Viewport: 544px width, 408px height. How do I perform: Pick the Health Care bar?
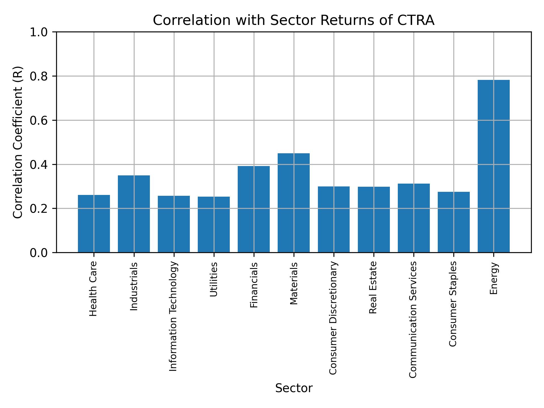coord(94,224)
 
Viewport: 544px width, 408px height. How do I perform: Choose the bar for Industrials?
coord(134,214)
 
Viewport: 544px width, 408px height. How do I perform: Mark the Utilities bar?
coord(214,224)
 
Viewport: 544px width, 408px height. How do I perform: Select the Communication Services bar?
coord(414,218)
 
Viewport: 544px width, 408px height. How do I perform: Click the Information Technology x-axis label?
coord(173,316)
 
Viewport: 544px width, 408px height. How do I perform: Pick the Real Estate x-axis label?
coord(373,288)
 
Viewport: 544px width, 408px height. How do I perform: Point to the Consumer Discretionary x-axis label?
coord(333,318)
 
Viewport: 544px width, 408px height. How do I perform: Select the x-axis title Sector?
coord(294,388)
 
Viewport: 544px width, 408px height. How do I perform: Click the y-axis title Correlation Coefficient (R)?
coord(18,142)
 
